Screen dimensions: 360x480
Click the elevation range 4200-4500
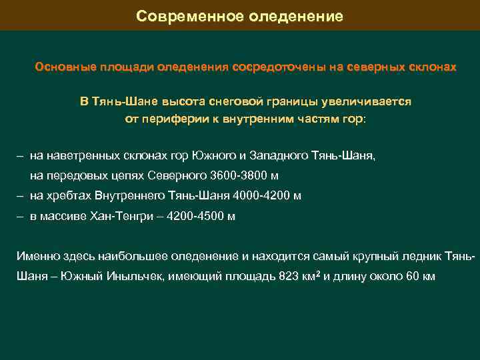(197, 216)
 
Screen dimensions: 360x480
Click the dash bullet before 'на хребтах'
(21, 196)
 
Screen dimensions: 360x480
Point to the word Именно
(36, 256)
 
